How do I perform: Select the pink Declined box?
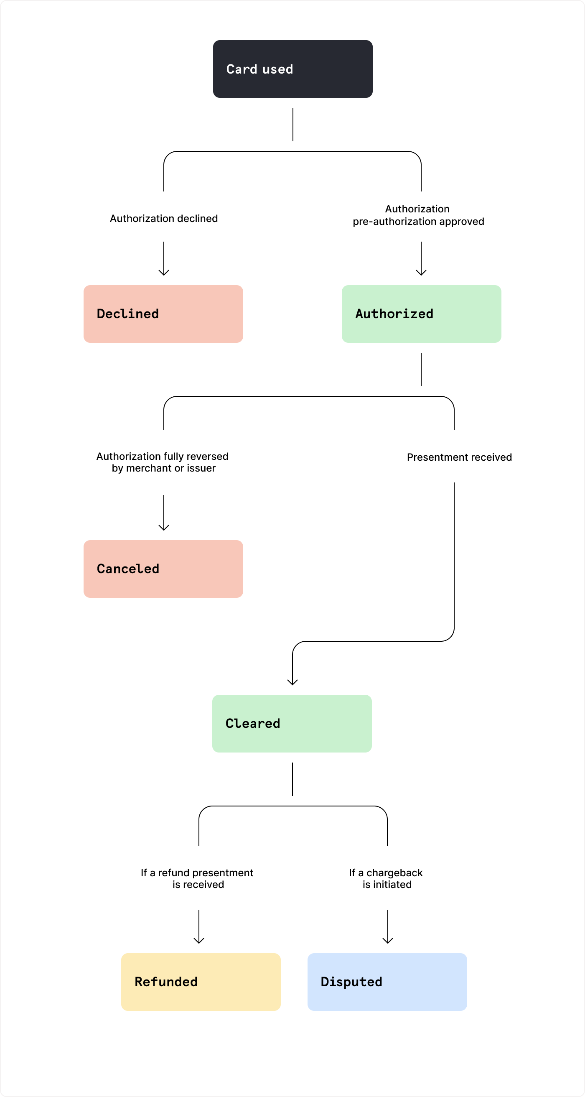(163, 314)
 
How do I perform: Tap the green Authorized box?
(421, 314)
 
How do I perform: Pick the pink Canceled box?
(163, 569)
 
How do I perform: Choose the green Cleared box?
(292, 723)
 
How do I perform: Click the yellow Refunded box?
(201, 982)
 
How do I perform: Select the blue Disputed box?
(387, 982)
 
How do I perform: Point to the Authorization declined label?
(163, 219)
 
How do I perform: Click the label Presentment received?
(459, 457)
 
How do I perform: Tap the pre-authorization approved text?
(418, 222)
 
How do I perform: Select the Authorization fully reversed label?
(162, 457)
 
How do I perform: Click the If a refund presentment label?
(197, 872)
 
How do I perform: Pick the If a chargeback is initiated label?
(386, 878)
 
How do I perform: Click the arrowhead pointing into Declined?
(164, 273)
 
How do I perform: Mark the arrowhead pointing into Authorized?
(421, 273)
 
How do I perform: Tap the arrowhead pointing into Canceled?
(164, 528)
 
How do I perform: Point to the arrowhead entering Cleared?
(292, 682)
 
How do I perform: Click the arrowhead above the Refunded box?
(199, 940)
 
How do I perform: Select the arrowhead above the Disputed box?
(388, 940)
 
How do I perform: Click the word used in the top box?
(277, 69)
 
